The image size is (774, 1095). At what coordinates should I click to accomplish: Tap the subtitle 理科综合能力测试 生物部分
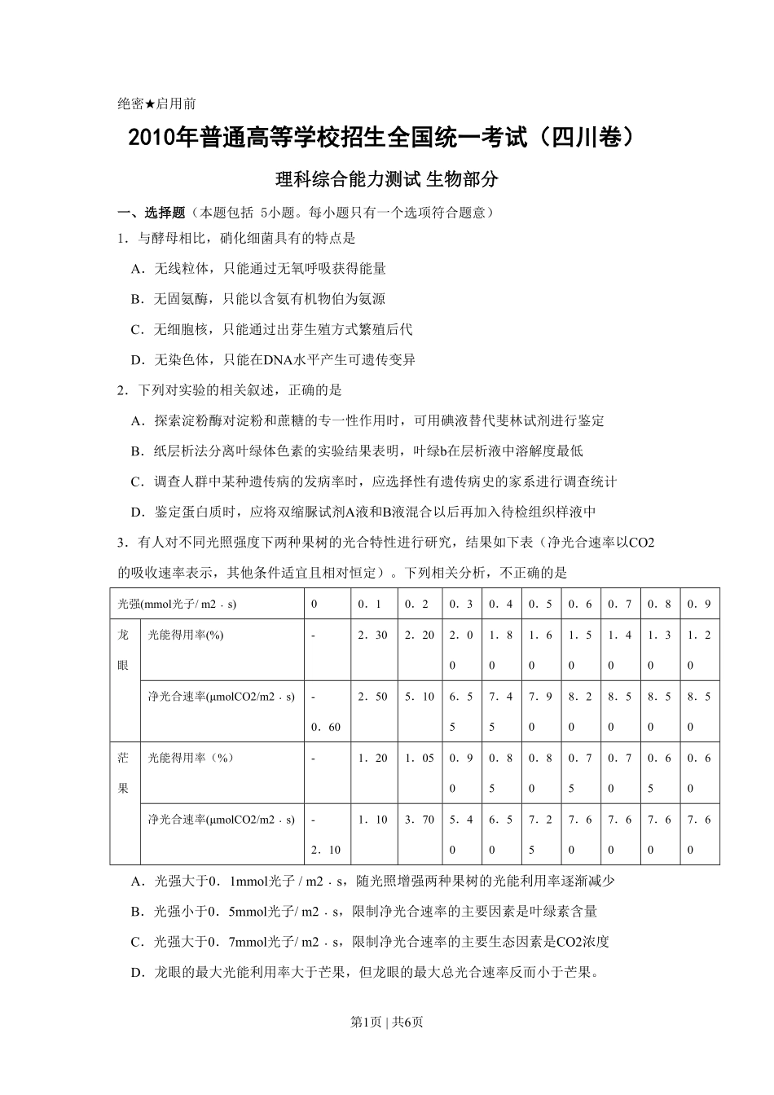click(386, 180)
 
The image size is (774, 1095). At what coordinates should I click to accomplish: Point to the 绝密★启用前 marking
click(156, 103)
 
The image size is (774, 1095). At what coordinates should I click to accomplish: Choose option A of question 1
click(258, 268)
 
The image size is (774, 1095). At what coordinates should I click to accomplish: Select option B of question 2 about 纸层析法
click(357, 451)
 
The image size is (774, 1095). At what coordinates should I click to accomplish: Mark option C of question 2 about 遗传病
click(374, 482)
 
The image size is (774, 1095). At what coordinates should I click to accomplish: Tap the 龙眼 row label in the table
click(124, 650)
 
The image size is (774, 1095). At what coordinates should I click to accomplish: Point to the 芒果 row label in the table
click(124, 772)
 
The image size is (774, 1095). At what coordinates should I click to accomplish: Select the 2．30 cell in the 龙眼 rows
click(372, 635)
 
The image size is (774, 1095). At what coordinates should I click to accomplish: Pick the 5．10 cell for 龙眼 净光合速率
click(420, 697)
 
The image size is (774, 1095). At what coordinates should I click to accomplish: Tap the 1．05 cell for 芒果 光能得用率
click(420, 758)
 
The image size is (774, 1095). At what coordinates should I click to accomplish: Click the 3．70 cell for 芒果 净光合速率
click(420, 820)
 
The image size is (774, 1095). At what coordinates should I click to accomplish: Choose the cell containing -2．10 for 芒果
click(325, 834)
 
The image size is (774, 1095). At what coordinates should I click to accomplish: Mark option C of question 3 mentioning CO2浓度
click(370, 942)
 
